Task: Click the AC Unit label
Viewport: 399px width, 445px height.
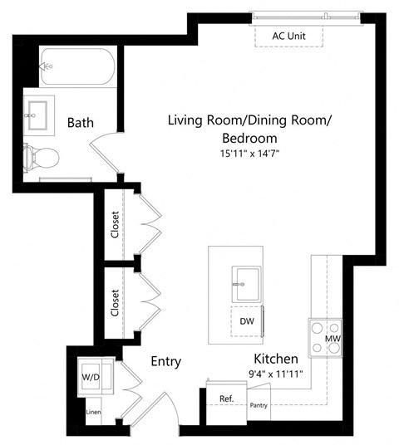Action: [290, 36]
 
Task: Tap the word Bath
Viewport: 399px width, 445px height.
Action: [81, 123]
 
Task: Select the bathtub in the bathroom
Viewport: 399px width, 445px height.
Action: [76, 66]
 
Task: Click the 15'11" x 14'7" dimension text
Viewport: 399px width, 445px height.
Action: [249, 154]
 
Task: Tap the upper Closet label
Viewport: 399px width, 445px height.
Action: [115, 224]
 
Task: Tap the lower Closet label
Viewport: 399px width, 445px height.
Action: [115, 302]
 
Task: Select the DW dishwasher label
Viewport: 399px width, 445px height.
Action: [246, 320]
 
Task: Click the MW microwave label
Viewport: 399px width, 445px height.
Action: [331, 339]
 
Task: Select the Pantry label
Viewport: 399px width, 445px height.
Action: [259, 406]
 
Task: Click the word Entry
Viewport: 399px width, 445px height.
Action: [165, 362]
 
